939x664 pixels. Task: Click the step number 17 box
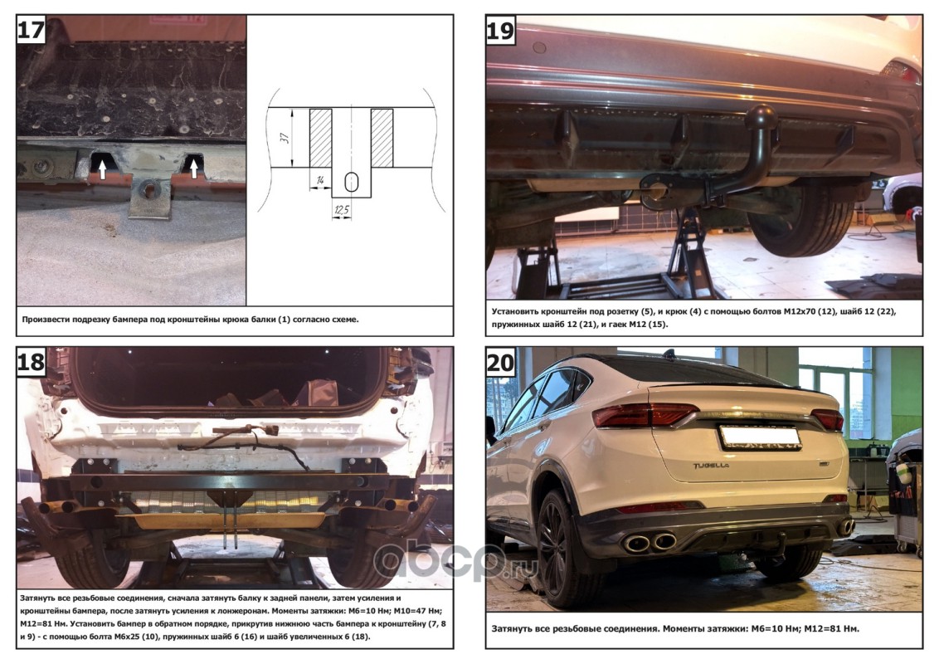click(31, 29)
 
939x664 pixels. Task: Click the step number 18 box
click(31, 361)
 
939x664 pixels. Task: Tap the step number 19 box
click(500, 29)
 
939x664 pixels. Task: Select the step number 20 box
click(500, 363)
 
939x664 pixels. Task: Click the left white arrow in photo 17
click(102, 169)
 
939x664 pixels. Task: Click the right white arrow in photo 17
click(193, 168)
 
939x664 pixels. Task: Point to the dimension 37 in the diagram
click(285, 137)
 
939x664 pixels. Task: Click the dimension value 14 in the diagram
click(320, 179)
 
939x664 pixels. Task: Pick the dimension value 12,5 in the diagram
click(342, 209)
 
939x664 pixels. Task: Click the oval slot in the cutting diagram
click(352, 182)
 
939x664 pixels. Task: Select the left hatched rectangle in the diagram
click(320, 138)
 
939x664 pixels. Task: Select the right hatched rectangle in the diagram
click(382, 138)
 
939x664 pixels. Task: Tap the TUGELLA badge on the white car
click(712, 465)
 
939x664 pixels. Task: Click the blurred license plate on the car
click(760, 437)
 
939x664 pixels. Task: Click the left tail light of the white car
click(645, 414)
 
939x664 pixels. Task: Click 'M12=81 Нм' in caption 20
click(831, 628)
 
